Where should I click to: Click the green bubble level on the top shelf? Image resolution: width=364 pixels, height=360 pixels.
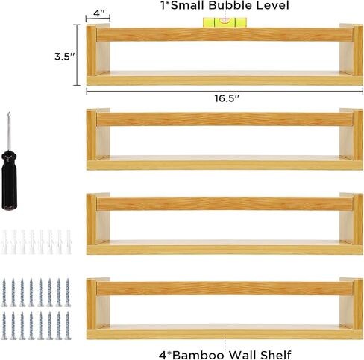point(225,22)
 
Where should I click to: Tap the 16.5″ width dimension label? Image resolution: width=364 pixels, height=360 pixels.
point(227,98)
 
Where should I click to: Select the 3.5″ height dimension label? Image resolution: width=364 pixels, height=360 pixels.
point(65,57)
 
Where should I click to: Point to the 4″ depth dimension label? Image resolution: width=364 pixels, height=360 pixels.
point(99,13)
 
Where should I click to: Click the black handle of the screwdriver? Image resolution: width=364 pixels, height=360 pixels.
point(9,180)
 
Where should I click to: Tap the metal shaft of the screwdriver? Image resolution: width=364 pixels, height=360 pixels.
point(9,132)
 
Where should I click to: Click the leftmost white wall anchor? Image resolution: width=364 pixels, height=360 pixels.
point(4,242)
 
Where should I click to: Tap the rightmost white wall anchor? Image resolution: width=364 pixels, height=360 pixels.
point(68,242)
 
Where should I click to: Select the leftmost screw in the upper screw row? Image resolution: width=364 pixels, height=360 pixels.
point(4,292)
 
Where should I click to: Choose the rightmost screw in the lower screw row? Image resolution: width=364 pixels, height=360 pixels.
point(68,326)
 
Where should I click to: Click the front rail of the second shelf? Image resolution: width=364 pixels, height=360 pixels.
point(225,119)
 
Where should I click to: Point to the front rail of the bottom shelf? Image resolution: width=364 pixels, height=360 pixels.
point(225,288)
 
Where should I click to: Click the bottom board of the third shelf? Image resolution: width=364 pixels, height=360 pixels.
point(225,250)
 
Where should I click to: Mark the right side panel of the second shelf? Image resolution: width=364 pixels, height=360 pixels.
point(358,135)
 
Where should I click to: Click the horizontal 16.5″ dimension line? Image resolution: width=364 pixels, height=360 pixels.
point(225,91)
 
